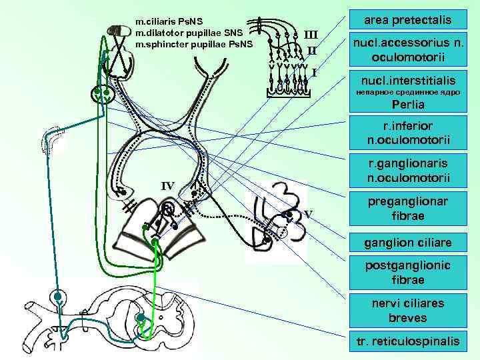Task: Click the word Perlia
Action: tap(408, 105)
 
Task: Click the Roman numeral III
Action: tap(311, 34)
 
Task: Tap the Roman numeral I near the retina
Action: tap(313, 71)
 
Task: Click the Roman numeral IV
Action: tap(167, 185)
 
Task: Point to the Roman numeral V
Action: tap(308, 214)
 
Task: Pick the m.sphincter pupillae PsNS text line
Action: tap(194, 43)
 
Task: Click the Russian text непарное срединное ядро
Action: tap(408, 92)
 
